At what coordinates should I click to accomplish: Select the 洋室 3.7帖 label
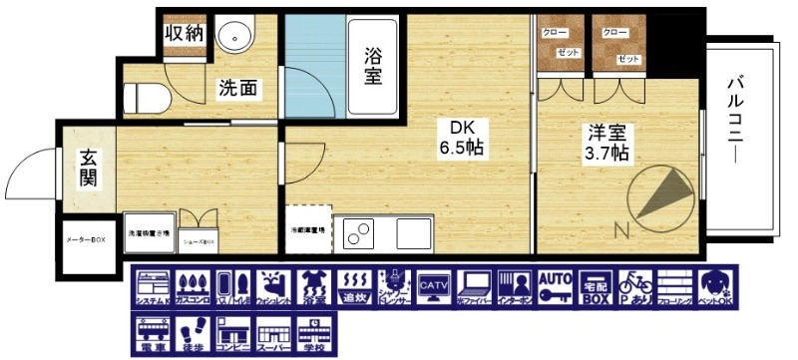(606, 142)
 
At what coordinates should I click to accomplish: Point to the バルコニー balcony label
(737, 122)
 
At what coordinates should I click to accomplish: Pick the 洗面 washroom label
(238, 89)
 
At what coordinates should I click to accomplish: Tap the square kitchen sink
(413, 232)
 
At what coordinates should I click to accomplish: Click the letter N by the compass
(620, 232)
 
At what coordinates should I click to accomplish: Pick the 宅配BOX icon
(595, 286)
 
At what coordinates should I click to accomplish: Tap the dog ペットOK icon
(715, 286)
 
